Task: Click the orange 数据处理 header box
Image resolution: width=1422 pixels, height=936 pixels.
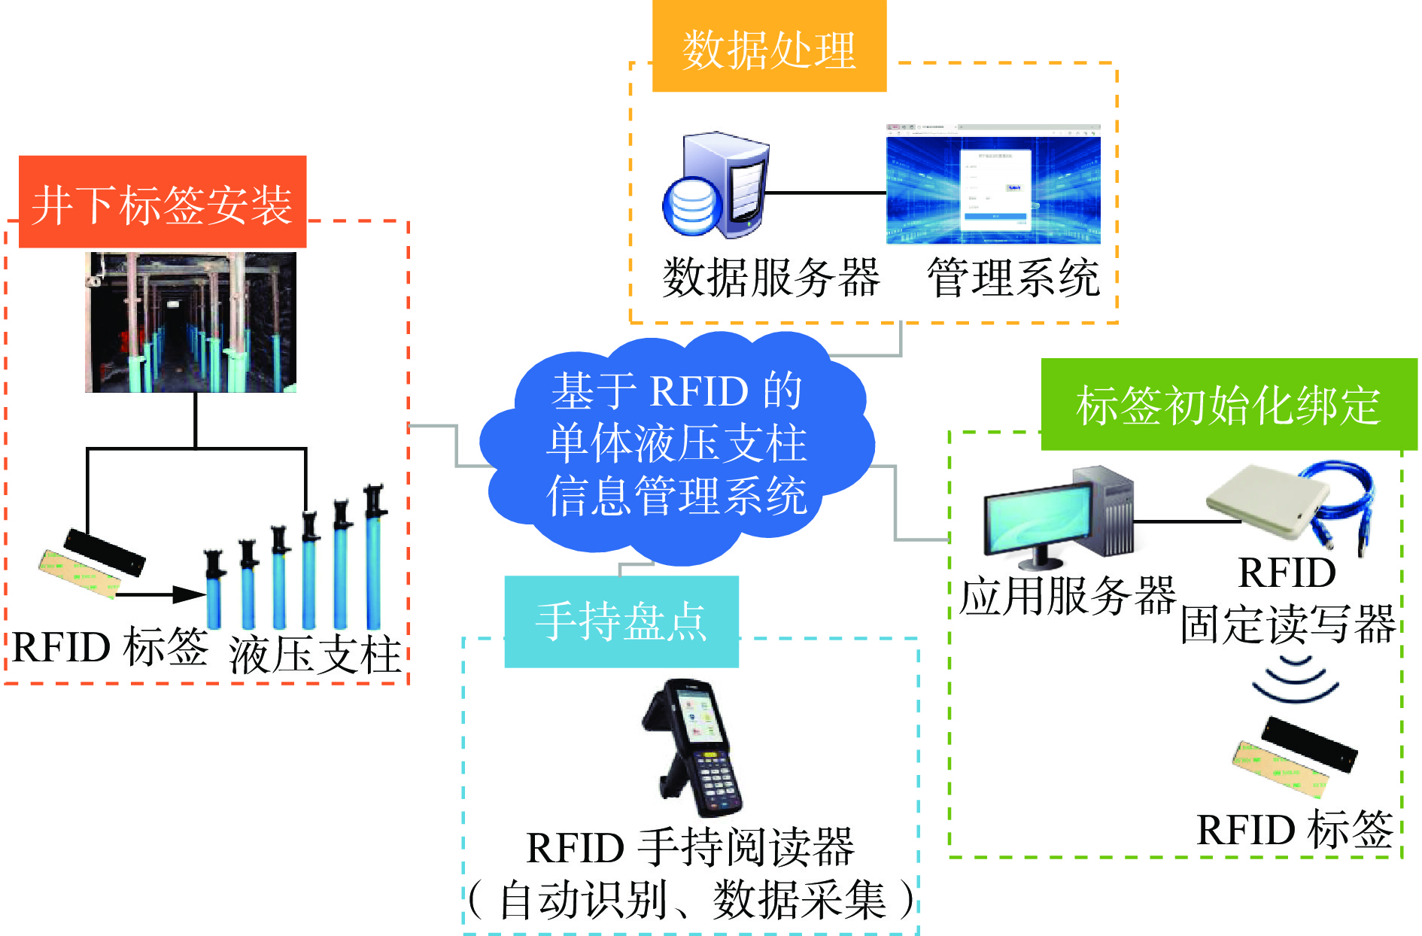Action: click(x=769, y=47)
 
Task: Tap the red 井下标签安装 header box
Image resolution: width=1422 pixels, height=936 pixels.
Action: click(x=163, y=202)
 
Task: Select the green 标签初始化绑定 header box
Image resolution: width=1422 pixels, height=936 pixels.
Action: click(x=1229, y=404)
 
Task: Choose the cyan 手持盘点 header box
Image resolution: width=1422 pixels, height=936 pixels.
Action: click(x=621, y=621)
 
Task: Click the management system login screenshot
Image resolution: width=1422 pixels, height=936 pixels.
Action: click(x=993, y=185)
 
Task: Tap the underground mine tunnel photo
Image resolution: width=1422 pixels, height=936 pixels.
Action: click(x=190, y=322)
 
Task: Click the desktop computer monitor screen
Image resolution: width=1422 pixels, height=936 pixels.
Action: click(x=1038, y=520)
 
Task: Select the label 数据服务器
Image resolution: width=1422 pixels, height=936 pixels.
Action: click(x=770, y=278)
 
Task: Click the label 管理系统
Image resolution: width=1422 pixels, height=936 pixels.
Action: click(x=1013, y=278)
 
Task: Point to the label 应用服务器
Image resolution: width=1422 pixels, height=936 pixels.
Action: click(x=1067, y=596)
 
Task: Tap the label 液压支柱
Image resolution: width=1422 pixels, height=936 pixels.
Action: click(x=314, y=655)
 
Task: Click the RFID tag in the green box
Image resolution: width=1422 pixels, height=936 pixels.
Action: click(x=1294, y=757)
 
